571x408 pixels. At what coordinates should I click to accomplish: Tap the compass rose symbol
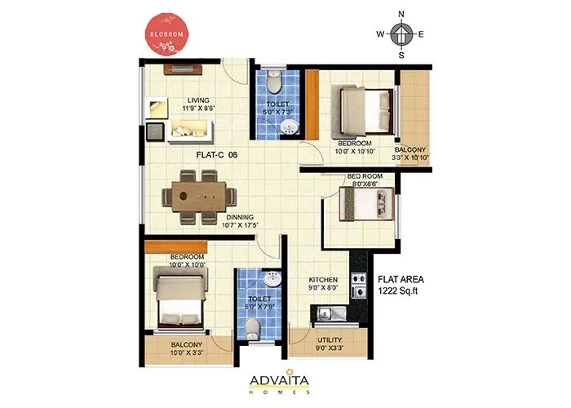point(401,34)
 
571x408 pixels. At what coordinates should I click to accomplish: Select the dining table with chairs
point(199,196)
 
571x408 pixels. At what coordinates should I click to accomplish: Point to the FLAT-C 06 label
point(216,154)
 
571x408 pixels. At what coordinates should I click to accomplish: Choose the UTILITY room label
point(329,344)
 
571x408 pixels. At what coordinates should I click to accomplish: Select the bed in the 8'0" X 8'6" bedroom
point(367,205)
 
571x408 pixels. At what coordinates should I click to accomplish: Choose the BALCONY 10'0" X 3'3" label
point(187,349)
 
